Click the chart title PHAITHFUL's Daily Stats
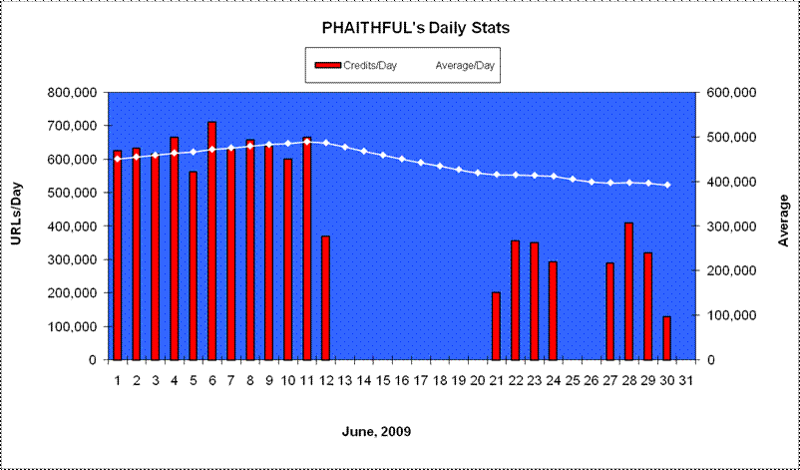point(416,28)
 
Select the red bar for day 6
point(212,240)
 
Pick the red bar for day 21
point(496,326)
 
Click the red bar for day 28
point(628,291)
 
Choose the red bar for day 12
point(325,298)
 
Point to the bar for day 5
point(193,265)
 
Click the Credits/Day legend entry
point(356,65)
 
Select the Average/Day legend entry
point(465,65)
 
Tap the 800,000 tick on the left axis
point(72,93)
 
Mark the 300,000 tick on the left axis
point(72,259)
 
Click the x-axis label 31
point(686,381)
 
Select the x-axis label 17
point(420,381)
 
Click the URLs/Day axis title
point(17,214)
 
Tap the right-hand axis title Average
point(783,220)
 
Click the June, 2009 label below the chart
point(376,432)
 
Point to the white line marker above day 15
point(383,155)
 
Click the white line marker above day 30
point(667,185)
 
